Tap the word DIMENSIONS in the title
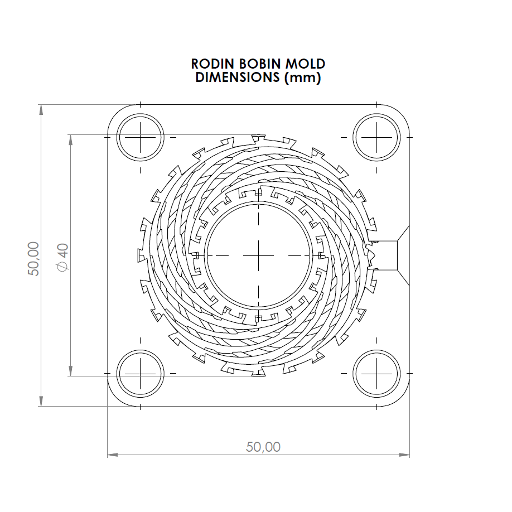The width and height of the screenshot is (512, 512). tap(237, 78)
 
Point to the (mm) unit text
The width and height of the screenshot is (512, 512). tap(302, 78)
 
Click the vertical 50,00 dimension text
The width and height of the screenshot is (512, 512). tap(34, 258)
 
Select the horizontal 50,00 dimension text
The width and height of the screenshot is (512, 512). tap(263, 447)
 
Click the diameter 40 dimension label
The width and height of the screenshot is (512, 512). tap(62, 258)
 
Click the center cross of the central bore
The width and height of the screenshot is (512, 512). tap(259, 255)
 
